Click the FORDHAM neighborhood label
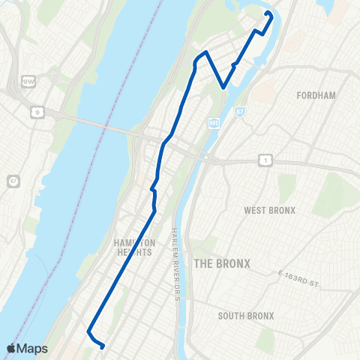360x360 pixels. [316, 96]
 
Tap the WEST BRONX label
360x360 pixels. [270, 210]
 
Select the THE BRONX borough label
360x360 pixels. [222, 263]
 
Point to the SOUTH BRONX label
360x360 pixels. [244, 316]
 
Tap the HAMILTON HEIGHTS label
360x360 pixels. [135, 247]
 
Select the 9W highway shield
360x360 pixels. [28, 79]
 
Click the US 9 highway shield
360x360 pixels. [36, 112]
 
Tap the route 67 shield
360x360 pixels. [13, 181]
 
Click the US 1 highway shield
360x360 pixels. [265, 159]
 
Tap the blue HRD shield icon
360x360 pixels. [213, 124]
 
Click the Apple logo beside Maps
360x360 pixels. [12, 349]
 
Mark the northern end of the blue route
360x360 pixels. [268, 13]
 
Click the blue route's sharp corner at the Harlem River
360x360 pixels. [223, 88]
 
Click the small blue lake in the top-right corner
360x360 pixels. [327, 7]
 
